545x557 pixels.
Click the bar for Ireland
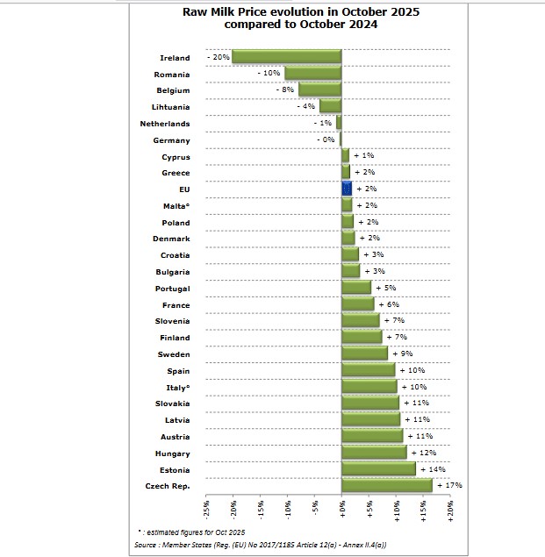(286, 58)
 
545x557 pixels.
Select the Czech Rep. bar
(386, 485)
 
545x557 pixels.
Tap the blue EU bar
(347, 189)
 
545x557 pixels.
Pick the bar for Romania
(312, 75)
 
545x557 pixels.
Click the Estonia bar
(378, 469)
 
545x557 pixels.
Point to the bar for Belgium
(319, 90)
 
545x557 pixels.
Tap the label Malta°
(176, 206)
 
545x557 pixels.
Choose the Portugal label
(172, 289)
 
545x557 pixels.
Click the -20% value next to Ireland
(218, 58)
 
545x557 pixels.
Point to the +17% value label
(449, 485)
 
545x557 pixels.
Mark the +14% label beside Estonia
(433, 469)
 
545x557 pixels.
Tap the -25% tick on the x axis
(206, 509)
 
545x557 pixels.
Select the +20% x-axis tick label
(450, 509)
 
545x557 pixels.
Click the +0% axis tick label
(342, 509)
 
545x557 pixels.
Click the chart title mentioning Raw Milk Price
(288, 18)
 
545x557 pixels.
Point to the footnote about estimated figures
(190, 532)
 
